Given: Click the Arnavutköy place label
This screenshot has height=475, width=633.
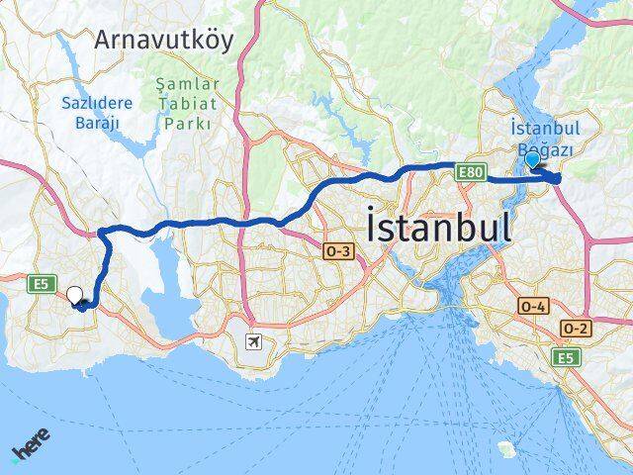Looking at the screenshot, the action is pyautogui.click(x=164, y=40).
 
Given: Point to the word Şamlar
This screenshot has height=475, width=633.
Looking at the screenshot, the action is pyautogui.click(x=188, y=85).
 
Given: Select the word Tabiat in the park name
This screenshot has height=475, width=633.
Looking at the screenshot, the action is pyautogui.click(x=188, y=104).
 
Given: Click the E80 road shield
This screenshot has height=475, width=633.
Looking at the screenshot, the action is pyautogui.click(x=471, y=173).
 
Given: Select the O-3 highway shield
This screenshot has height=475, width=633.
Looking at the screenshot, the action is pyautogui.click(x=337, y=252).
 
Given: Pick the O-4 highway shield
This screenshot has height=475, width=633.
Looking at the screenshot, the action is pyautogui.click(x=533, y=307).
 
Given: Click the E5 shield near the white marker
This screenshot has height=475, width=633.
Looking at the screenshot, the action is pyautogui.click(x=41, y=284).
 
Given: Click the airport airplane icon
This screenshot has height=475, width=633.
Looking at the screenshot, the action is pyautogui.click(x=254, y=342).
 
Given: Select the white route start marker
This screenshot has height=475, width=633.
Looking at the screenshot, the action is pyautogui.click(x=75, y=294).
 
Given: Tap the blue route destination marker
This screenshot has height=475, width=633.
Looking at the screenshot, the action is pyautogui.click(x=532, y=159).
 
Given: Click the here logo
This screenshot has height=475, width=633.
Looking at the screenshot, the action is pyautogui.click(x=31, y=444).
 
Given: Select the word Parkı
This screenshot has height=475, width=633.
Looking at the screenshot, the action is pyautogui.click(x=188, y=124).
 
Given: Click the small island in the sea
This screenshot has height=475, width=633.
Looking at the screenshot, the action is pyautogui.click(x=507, y=448).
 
